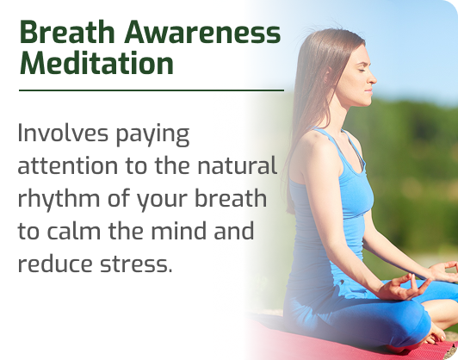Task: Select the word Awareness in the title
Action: (x=202, y=32)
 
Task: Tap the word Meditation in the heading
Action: (x=96, y=63)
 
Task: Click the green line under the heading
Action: (x=152, y=90)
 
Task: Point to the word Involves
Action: (x=63, y=133)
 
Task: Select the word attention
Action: (x=67, y=165)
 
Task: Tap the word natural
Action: (x=237, y=165)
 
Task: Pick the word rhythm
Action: (x=59, y=197)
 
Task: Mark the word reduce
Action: (x=55, y=264)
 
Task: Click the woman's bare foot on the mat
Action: (x=436, y=336)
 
